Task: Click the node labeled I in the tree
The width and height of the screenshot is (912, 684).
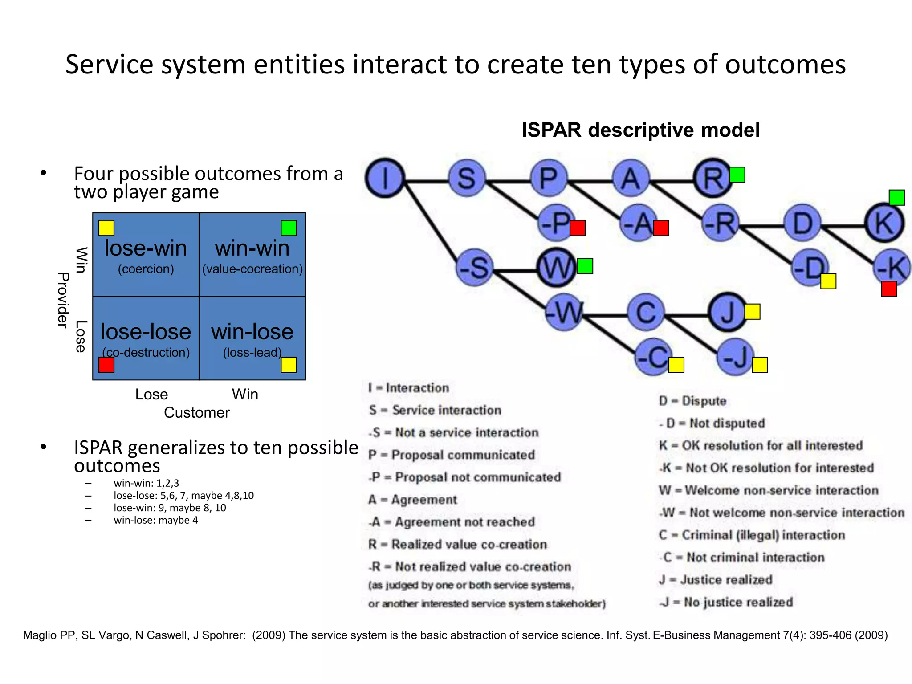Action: [x=385, y=178]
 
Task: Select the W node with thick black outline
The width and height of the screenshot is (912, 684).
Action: [x=556, y=268]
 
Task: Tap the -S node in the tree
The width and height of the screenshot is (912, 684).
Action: [x=475, y=268]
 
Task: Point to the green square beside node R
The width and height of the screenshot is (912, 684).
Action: [x=737, y=175]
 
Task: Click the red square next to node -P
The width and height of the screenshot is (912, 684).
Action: [x=578, y=228]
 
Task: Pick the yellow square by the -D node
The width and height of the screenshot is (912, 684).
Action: [x=828, y=281]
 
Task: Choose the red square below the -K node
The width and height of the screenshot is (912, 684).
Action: [x=889, y=289]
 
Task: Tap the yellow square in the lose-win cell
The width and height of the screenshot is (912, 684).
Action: [x=106, y=228]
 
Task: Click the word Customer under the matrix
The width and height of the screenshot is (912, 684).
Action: [x=196, y=412]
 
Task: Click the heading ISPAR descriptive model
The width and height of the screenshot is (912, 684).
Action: [x=640, y=130]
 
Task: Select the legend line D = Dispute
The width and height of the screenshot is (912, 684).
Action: [x=692, y=401]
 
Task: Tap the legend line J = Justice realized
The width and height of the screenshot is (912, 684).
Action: [x=716, y=580]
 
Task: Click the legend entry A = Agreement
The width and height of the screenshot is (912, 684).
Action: [x=412, y=500]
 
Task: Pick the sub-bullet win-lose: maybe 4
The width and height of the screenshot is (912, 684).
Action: [x=155, y=520]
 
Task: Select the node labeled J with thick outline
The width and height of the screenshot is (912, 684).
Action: [x=727, y=312]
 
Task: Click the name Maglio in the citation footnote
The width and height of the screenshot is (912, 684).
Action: [x=39, y=635]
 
